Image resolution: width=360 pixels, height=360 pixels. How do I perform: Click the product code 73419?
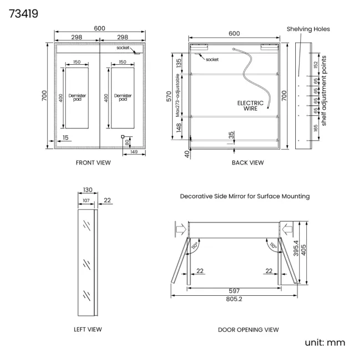(x=23, y=14)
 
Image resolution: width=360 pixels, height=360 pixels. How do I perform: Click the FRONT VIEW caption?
(x=93, y=163)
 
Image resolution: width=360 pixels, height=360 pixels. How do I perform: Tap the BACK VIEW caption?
(x=248, y=163)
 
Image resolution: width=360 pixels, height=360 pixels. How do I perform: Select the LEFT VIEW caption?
(x=88, y=330)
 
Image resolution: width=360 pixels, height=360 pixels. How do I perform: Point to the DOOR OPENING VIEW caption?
(x=249, y=330)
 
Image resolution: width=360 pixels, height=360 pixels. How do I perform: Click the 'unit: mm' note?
(x=325, y=342)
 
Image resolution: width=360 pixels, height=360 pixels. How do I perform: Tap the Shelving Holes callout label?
(x=308, y=29)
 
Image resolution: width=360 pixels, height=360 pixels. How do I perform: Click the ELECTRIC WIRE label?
(x=250, y=106)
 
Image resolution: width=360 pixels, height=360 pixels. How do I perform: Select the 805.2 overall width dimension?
(x=234, y=299)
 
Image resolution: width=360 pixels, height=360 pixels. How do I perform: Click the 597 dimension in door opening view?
(x=234, y=291)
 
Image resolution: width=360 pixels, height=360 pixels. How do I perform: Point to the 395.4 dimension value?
(x=296, y=248)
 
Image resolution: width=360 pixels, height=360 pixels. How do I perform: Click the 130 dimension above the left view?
(x=88, y=190)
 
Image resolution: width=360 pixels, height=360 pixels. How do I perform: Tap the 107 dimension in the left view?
(x=86, y=200)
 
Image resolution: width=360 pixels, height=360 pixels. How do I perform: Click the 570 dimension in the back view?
(x=169, y=96)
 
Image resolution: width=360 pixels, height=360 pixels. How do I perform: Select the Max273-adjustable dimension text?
(x=177, y=95)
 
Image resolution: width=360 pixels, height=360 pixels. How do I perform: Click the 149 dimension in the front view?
(x=134, y=152)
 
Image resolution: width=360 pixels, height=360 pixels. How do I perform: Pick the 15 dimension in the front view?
(x=65, y=137)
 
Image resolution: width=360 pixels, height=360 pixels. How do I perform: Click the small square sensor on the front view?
(x=122, y=137)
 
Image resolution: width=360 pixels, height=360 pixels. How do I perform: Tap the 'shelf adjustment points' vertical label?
(x=324, y=91)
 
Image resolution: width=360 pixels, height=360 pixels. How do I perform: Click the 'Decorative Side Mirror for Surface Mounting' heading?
(x=245, y=196)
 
